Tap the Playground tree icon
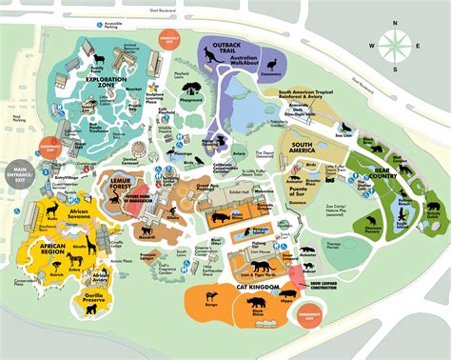pos(194,93)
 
